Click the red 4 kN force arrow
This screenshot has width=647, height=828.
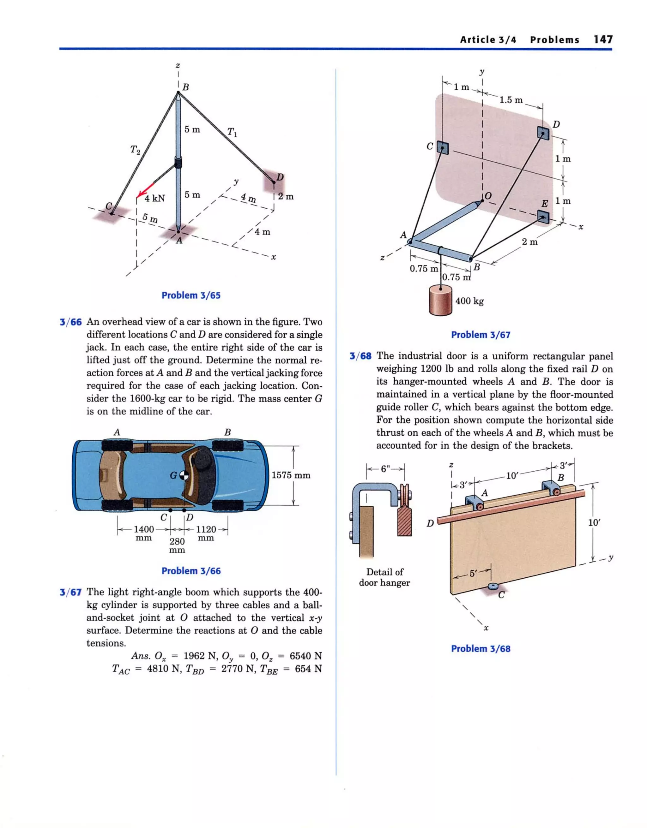[146, 190]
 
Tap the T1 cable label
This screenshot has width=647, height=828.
[232, 132]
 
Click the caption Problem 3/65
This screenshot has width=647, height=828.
[191, 295]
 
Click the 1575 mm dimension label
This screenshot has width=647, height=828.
[291, 475]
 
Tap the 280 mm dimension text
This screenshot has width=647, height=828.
[177, 545]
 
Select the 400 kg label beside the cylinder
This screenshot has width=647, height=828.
[469, 301]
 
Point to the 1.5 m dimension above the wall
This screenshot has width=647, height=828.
[511, 100]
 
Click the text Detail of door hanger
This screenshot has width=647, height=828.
[384, 577]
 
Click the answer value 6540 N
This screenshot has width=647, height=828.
[305, 656]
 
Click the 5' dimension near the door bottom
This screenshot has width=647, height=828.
[472, 574]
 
